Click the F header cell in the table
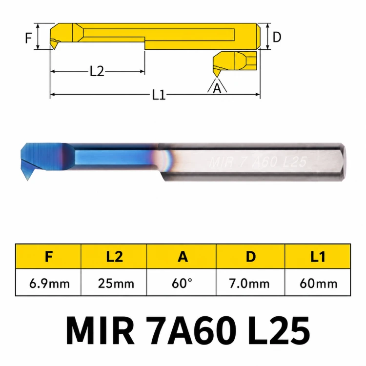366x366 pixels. pos(48,257)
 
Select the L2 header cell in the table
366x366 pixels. pos(114,257)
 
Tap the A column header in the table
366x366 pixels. pos(182,257)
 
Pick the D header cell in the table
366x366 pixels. pos(250,257)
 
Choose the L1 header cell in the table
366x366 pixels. pos(318,257)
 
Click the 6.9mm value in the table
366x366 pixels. pos(49,284)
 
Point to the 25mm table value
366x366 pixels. pos(116,284)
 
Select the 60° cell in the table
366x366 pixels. pos(182,283)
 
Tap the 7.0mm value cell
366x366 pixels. pos(249,284)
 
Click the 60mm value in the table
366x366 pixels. pos(318,284)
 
